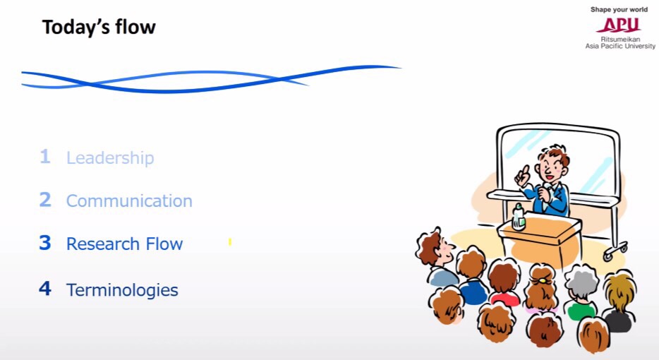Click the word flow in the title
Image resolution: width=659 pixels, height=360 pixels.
135,27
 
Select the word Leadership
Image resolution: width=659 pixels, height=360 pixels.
110,158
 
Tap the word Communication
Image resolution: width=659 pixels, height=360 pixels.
129,200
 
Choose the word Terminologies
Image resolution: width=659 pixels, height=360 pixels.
122,290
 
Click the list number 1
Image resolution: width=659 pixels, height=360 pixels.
45,157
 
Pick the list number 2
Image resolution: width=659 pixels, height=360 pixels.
45,199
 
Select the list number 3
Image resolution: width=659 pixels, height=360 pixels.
45,243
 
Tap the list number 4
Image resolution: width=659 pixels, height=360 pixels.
45,289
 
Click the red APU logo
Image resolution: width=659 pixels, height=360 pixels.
619,25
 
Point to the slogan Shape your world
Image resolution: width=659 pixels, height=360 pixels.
619,9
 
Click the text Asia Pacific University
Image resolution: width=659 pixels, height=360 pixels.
620,46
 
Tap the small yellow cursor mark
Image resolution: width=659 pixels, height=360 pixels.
230,242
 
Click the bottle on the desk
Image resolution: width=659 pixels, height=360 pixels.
519,217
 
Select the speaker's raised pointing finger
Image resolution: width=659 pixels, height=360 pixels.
525,169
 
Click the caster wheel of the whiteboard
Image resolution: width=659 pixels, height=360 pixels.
610,253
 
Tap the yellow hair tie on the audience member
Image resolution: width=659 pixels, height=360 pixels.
543,280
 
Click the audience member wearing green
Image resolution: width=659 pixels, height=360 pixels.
581,309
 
